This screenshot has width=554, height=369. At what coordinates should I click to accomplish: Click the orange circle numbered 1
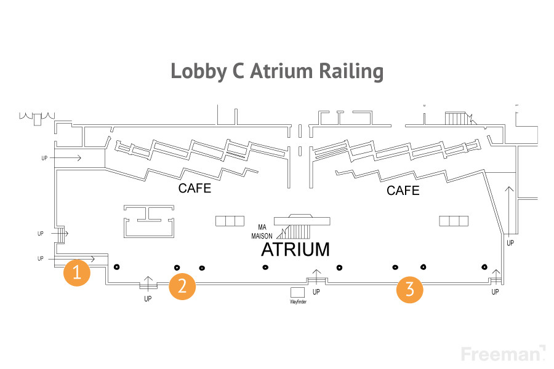pyautogui.click(x=77, y=272)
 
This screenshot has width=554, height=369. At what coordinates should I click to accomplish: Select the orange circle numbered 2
pyautogui.click(x=182, y=286)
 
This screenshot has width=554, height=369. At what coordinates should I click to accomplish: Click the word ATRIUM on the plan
pyautogui.click(x=295, y=250)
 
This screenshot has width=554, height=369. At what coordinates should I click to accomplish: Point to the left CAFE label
pyautogui.click(x=195, y=188)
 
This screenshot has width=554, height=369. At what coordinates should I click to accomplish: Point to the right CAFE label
pyautogui.click(x=403, y=191)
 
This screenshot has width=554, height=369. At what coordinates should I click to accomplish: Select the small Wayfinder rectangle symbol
pyautogui.click(x=298, y=292)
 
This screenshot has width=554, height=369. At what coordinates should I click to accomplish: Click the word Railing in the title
pyautogui.click(x=350, y=71)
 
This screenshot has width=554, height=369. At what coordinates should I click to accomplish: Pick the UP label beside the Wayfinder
pyautogui.click(x=316, y=292)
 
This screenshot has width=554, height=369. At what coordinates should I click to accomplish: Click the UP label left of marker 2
pyautogui.click(x=148, y=299)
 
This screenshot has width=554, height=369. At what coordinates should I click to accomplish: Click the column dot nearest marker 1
pyautogui.click(x=116, y=267)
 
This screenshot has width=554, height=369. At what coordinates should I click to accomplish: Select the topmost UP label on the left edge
pyautogui.click(x=44, y=159)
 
